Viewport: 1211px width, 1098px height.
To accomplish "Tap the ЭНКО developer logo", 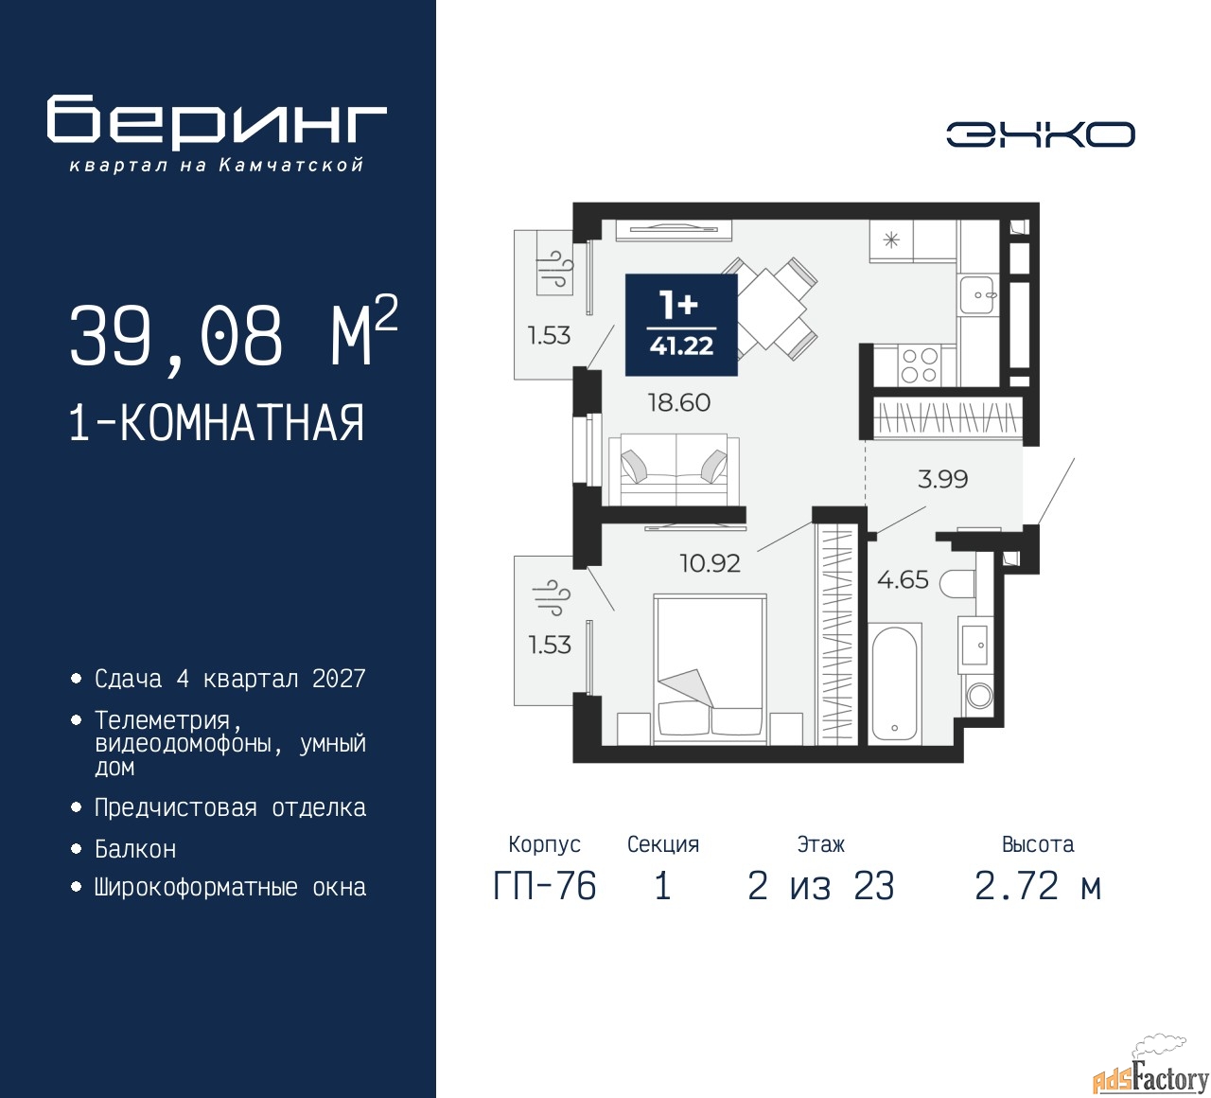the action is (1040, 134).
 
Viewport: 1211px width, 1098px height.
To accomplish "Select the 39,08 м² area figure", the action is (234, 333).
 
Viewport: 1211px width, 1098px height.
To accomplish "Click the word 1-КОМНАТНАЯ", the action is (217, 423).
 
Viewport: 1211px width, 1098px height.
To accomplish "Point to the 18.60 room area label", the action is (679, 402).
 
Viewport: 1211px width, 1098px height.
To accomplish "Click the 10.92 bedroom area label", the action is (710, 563).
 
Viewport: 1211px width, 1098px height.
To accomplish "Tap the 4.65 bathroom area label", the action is (903, 580).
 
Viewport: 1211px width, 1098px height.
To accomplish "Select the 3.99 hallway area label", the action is (942, 479).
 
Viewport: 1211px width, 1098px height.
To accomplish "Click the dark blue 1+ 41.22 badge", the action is (681, 325).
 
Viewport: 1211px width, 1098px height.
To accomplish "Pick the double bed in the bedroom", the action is (710, 669).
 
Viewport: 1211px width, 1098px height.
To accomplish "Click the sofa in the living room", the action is (674, 469).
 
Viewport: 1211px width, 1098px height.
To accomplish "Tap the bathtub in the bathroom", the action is (895, 683).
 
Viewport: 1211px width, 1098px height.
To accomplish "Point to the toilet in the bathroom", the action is (957, 583).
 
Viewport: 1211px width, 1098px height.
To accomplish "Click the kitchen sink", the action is (976, 294).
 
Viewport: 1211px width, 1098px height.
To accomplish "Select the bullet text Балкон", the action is (135, 849).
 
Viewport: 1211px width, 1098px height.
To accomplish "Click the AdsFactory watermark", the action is (1150, 1073).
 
